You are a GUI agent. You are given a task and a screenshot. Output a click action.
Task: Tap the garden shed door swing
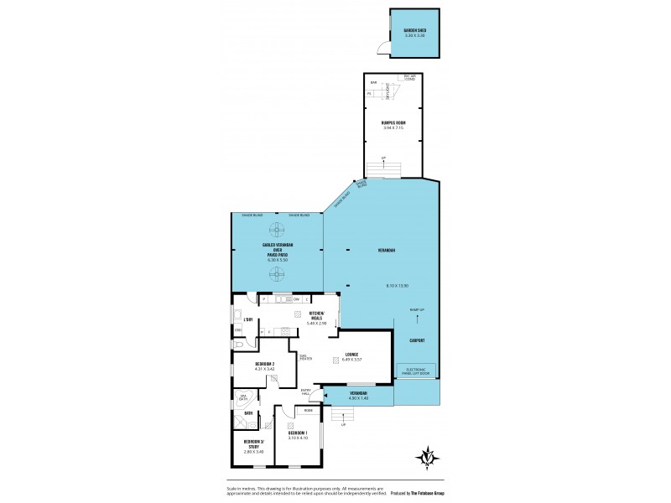pos(383,49)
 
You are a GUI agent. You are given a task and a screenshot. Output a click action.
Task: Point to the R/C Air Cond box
pos(409,78)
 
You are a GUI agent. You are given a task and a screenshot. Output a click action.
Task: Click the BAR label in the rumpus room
pos(374,82)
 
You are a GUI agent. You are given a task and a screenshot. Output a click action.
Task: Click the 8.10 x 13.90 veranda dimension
pos(397,286)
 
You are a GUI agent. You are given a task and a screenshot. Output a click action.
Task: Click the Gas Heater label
pos(305,357)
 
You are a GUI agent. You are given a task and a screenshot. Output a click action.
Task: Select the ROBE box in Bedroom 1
pos(309,411)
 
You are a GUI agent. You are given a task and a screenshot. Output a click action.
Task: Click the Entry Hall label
pos(308,392)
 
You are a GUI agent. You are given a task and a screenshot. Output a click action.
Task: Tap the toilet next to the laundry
pos(239,344)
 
